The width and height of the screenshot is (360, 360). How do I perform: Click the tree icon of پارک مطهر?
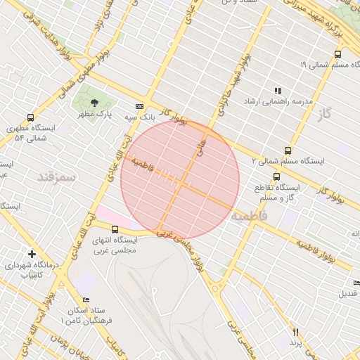click(x=95, y=103)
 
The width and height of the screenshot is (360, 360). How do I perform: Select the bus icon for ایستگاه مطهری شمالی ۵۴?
click(x=30, y=117)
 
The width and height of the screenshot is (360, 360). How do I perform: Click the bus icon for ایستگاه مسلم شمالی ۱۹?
click(x=338, y=53)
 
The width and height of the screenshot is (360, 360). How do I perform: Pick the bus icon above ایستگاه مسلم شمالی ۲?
click(x=288, y=150)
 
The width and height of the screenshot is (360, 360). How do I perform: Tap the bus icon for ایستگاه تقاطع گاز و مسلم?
click(x=276, y=177)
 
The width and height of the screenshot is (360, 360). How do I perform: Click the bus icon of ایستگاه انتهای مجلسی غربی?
click(x=115, y=229)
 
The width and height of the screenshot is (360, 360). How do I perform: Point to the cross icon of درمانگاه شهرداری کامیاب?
click(x=32, y=253)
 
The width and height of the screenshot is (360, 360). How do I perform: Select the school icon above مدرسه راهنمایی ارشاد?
click(x=278, y=91)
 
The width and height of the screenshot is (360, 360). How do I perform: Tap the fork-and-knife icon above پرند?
click(x=296, y=332)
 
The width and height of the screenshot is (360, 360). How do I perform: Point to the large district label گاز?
click(x=324, y=112)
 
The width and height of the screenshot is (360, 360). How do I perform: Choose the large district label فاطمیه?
click(x=253, y=215)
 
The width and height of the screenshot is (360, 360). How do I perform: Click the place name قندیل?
click(x=349, y=292)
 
